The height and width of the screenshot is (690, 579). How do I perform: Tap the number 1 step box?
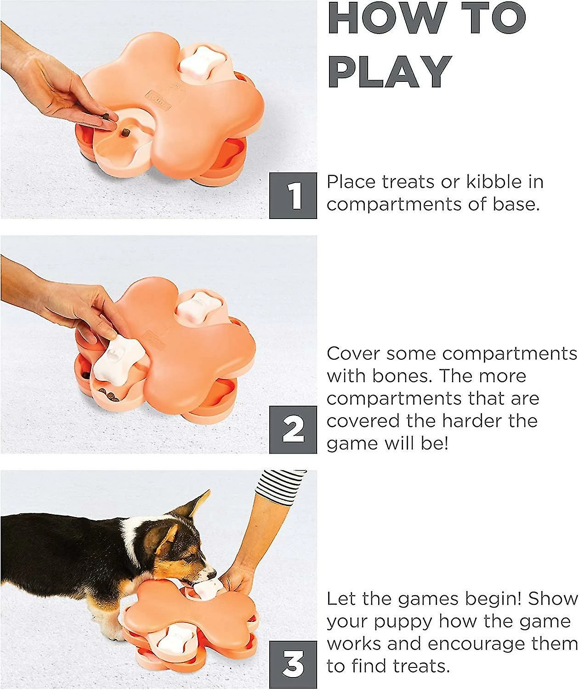[293, 195]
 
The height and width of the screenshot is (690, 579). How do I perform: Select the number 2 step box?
[293, 430]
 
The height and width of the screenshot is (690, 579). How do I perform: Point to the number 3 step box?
[293, 665]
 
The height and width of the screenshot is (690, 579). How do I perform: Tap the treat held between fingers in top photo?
[106, 116]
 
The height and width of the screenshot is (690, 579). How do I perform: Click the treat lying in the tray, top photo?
[126, 133]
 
